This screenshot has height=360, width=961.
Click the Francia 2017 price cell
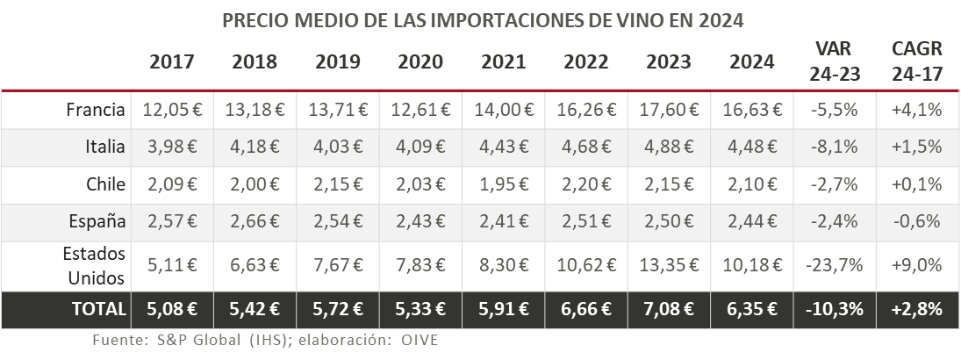coord(172,110)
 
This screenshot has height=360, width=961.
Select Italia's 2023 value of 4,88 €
coord(669,147)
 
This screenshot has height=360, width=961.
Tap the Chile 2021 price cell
coord(504,184)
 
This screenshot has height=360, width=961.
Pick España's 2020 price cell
coord(420,221)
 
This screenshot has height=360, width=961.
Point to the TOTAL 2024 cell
coord(752,310)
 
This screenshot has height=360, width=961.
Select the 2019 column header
coord(338,62)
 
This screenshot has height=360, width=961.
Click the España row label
coord(99,221)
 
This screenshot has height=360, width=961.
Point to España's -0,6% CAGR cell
coord(916,221)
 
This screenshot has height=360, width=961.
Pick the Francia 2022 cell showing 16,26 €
coord(586,110)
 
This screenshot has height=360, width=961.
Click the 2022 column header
coord(586,62)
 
